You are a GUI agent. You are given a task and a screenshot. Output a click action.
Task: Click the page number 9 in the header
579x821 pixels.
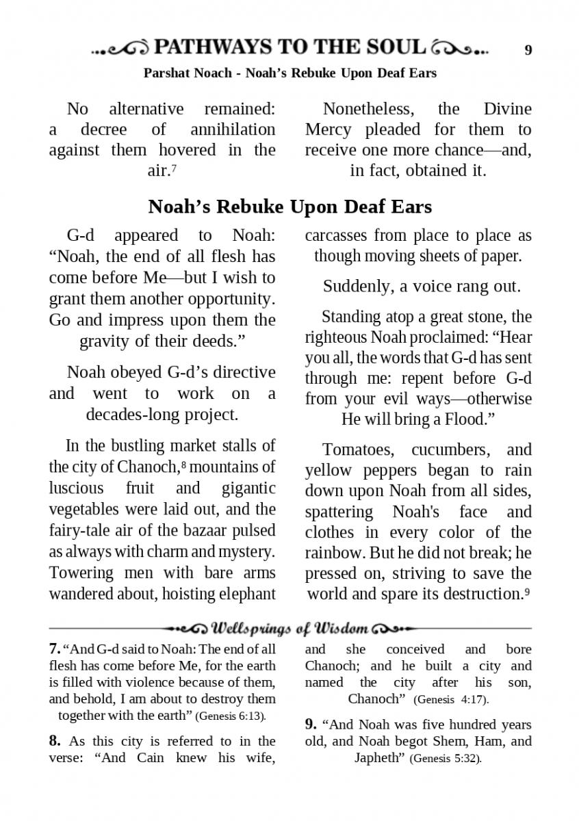[528, 49]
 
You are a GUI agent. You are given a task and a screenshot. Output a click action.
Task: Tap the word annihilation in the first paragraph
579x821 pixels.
[233, 129]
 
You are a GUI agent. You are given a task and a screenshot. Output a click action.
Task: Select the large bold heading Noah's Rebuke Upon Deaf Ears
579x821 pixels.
[289, 206]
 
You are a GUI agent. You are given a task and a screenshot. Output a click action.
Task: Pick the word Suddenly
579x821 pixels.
[355, 286]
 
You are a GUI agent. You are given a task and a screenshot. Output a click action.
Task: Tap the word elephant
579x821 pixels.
[244, 593]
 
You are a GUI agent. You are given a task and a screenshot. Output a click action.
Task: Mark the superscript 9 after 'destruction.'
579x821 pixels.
[527, 590]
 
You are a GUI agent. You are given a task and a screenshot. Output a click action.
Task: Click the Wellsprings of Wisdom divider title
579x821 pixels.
[290, 628]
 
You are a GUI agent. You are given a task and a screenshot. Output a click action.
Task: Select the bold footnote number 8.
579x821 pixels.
[55, 741]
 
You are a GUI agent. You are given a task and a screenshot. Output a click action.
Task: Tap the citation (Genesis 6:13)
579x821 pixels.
[230, 716]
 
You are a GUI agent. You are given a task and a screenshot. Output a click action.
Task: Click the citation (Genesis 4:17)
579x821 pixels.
[451, 700]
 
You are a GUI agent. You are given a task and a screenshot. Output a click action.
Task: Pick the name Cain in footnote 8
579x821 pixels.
[154, 758]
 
